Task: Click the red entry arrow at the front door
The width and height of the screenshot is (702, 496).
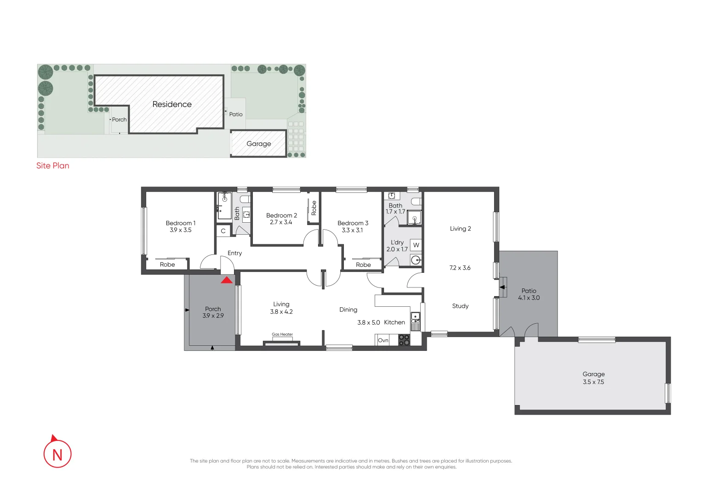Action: click(227, 280)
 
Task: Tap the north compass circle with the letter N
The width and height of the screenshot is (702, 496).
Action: click(57, 454)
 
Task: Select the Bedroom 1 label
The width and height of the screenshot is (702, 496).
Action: click(181, 223)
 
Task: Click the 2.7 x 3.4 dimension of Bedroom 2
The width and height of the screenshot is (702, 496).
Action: click(281, 222)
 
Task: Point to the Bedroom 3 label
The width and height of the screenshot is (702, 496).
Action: click(353, 223)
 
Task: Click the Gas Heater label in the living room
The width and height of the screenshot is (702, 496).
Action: click(282, 334)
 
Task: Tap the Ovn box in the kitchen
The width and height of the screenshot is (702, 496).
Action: click(383, 340)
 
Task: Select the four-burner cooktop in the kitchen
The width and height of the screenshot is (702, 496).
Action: click(404, 340)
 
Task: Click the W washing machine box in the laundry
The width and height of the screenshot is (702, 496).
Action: click(416, 245)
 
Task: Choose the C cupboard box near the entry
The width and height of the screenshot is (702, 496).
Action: click(223, 231)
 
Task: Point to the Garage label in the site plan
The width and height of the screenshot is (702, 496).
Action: click(259, 144)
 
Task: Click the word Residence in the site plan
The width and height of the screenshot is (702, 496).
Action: click(172, 104)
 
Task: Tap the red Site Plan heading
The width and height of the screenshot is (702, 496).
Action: click(53, 166)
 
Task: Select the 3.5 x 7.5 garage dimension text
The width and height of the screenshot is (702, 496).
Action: click(594, 382)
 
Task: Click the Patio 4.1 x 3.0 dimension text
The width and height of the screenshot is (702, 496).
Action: click(529, 298)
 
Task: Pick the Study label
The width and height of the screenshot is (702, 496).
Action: click(460, 306)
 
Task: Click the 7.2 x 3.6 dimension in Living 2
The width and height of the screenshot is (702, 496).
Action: click(460, 268)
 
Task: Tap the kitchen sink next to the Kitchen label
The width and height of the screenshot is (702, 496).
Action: click(415, 316)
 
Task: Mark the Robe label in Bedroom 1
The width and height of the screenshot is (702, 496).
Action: click(167, 265)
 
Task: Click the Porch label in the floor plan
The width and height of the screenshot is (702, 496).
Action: click(213, 309)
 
